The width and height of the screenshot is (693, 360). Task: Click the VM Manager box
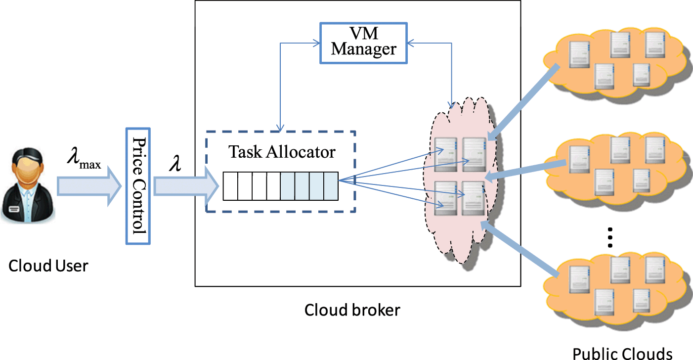click(364, 43)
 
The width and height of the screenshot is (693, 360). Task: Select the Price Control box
click(137, 186)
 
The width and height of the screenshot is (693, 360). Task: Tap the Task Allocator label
click(281, 152)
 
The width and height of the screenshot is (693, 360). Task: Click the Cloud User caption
click(48, 266)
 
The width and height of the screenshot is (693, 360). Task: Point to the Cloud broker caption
click(352, 310)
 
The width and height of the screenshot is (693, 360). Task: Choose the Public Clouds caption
click(622, 353)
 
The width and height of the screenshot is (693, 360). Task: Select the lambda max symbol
click(84, 162)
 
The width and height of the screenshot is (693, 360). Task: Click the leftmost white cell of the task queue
click(230, 186)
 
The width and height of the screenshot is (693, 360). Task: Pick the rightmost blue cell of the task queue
click(331, 186)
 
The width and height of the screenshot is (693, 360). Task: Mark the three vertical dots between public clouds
click(610, 237)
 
